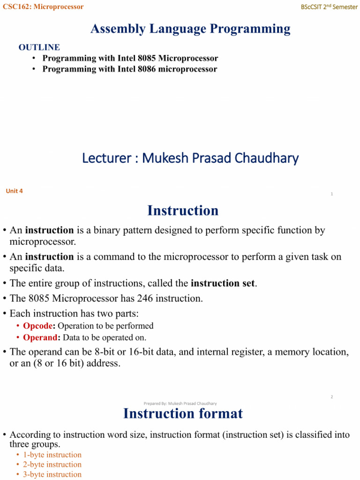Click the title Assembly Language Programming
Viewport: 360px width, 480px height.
190,29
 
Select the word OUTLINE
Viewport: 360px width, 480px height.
39,47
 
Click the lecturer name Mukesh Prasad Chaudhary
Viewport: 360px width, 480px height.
220,158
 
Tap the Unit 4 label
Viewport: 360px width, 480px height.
14,191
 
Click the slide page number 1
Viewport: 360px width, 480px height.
331,194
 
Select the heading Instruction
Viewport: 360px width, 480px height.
183,211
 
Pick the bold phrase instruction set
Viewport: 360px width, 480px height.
224,284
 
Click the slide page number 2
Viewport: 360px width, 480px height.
331,397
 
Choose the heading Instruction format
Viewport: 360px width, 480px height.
183,413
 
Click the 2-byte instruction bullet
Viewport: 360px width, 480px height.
52,465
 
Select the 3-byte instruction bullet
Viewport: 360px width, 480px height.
52,474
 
